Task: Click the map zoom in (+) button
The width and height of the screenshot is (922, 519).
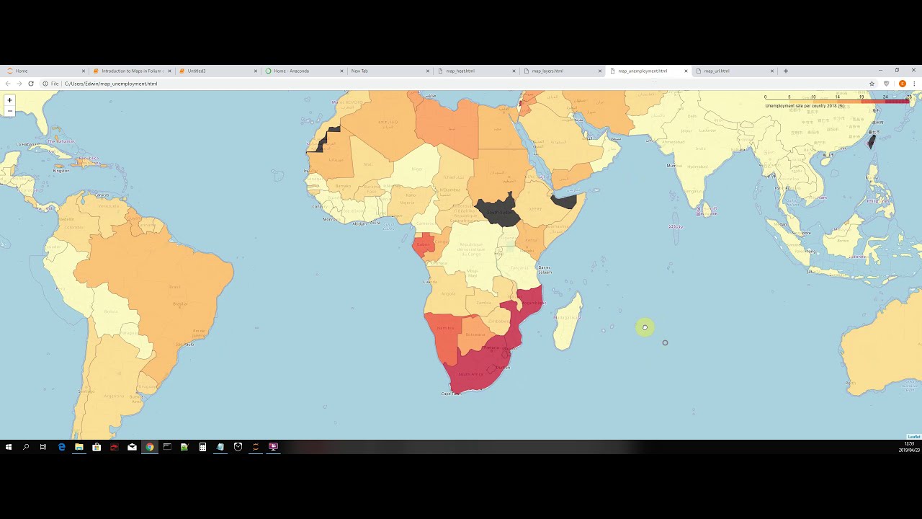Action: [x=9, y=100]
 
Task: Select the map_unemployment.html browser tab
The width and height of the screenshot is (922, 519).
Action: [x=643, y=71]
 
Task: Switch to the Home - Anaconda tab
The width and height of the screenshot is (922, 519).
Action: [x=291, y=71]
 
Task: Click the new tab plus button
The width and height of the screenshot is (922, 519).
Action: [x=786, y=71]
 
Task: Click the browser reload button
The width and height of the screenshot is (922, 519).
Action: [x=31, y=84]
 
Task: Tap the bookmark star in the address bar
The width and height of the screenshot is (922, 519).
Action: [x=872, y=84]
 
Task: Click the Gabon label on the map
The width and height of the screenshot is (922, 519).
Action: [x=423, y=244]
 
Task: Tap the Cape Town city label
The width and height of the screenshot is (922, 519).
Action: [x=450, y=394]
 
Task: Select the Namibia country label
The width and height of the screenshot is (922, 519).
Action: [x=446, y=329]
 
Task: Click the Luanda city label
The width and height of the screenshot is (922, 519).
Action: [x=431, y=283]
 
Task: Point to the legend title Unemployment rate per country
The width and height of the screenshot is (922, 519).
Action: [x=805, y=106]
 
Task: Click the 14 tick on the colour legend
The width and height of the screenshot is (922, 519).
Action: [x=838, y=97]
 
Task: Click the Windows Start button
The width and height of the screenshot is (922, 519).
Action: [x=9, y=447]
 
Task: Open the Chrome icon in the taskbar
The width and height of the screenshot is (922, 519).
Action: [x=149, y=447]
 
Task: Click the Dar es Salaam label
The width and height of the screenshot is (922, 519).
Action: [x=545, y=270]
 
